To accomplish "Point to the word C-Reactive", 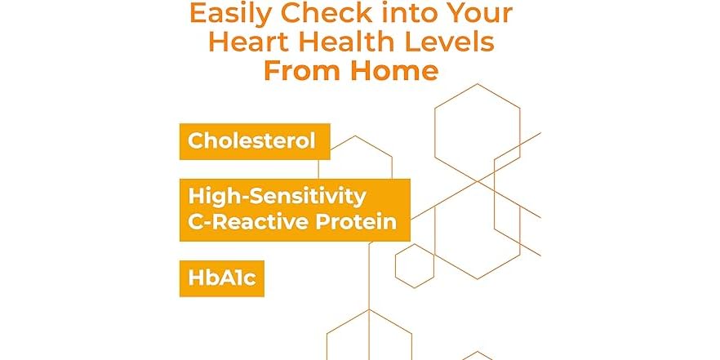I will click(x=246, y=222).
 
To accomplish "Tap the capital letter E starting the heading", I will click(x=198, y=14).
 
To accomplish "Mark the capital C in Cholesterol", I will click(x=196, y=140).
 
